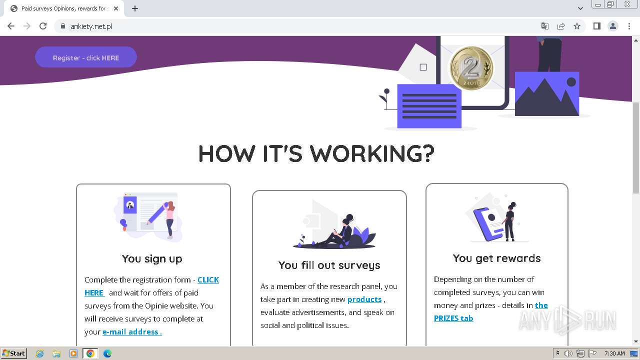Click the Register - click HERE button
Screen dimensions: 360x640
tap(85, 57)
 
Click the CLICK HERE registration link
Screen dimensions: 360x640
tap(208, 280)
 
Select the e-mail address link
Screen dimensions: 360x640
tap(131, 332)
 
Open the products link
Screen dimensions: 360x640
tap(364, 299)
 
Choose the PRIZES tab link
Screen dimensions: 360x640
tap(453, 318)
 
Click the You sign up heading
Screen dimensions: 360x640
tap(152, 258)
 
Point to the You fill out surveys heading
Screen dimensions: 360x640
tap(329, 265)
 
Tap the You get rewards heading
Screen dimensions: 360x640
tap(496, 258)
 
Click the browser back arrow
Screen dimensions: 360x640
tap(11, 26)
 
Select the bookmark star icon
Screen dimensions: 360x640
tap(577, 26)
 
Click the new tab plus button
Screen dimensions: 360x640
tap(135, 8)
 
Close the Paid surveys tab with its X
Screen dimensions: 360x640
tap(116, 8)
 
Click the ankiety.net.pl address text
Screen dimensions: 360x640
tap(91, 26)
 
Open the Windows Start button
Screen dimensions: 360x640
tap(13, 353)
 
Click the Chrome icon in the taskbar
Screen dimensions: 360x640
tap(90, 353)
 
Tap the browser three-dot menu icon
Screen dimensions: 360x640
tap(629, 26)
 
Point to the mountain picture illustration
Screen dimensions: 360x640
tap(546, 94)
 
